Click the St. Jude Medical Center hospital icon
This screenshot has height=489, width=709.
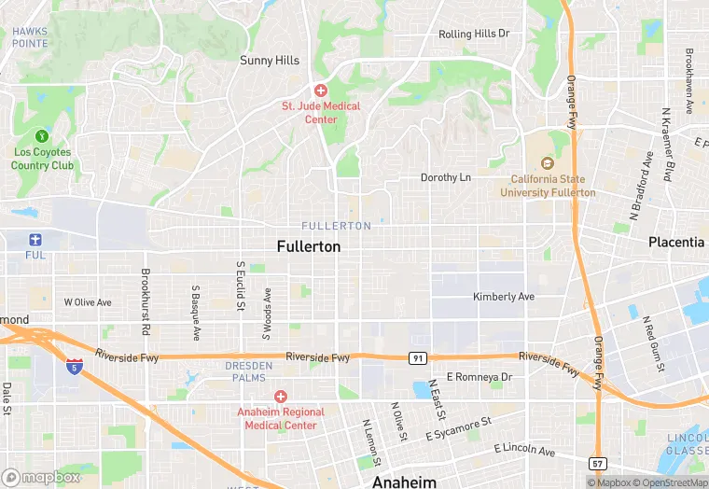click(x=321, y=91)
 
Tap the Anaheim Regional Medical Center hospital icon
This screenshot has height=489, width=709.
click(x=280, y=397)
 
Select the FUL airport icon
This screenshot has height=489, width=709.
click(x=35, y=239)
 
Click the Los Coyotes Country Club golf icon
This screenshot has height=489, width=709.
click(x=41, y=136)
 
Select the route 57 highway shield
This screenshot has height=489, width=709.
click(x=598, y=463)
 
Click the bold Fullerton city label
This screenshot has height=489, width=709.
click(x=309, y=247)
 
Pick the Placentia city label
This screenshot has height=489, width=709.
click(x=676, y=242)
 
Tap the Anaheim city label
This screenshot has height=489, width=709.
click(x=404, y=482)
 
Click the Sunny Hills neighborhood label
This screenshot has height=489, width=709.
click(x=270, y=61)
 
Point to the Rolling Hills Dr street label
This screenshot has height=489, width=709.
click(x=474, y=34)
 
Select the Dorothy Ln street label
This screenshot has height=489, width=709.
click(x=445, y=177)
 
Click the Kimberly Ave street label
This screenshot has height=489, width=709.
click(x=503, y=297)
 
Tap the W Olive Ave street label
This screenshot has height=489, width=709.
click(x=87, y=302)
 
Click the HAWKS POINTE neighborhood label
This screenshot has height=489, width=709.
click(x=30, y=37)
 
